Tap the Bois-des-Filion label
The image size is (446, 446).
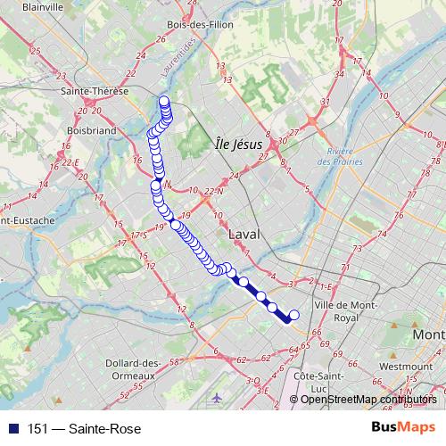click(x=200, y=24)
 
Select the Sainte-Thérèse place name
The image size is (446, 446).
click(x=93, y=91)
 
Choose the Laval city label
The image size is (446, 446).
click(x=244, y=234)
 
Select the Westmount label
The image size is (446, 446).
click(x=405, y=366)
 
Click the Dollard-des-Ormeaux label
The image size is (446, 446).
click(x=133, y=368)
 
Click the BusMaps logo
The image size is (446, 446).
click(x=403, y=429)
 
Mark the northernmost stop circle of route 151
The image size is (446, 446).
click(x=163, y=100)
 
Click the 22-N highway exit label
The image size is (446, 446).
click(x=213, y=191)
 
